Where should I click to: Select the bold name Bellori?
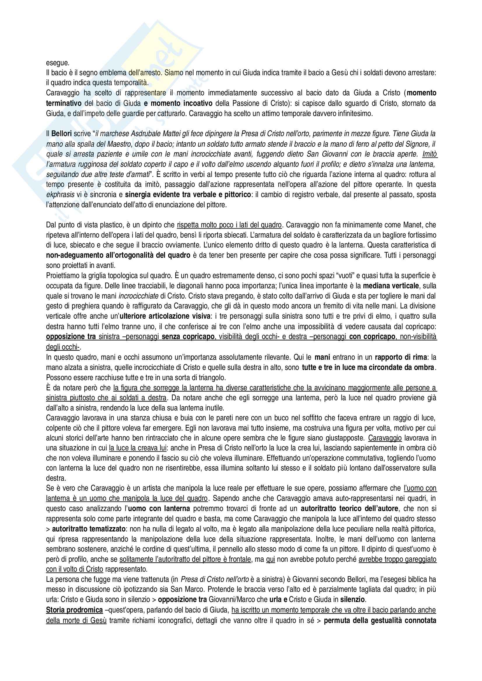pos(62,134)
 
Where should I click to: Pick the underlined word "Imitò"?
pos(430,154)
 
